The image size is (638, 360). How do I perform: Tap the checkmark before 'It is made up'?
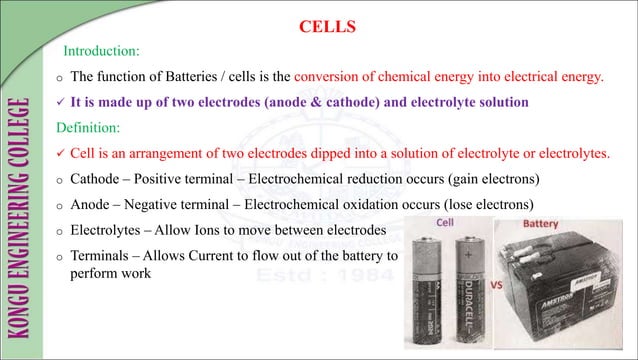coord(61,102)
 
